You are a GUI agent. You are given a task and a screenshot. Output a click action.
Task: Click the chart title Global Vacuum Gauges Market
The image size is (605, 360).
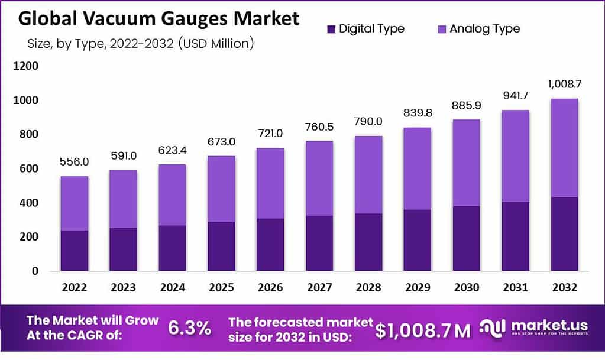[x=158, y=18]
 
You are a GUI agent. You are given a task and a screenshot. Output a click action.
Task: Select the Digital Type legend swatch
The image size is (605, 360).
[x=331, y=28]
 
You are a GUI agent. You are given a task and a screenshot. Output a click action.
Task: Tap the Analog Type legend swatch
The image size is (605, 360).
[x=441, y=28]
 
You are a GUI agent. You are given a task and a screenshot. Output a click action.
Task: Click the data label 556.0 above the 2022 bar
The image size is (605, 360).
[x=74, y=161]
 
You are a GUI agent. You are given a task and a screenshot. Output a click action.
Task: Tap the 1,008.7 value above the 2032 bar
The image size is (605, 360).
[x=563, y=85]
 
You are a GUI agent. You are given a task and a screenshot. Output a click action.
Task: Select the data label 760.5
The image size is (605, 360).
[x=319, y=127]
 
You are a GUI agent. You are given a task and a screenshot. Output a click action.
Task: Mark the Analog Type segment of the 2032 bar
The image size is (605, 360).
[x=563, y=148]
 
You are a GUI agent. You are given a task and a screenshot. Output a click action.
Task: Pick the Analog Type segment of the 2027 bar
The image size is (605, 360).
[x=319, y=178]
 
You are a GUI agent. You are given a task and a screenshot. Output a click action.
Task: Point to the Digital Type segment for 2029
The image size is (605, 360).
[x=416, y=240]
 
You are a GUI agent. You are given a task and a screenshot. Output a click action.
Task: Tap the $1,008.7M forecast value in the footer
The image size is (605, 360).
[x=423, y=330]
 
